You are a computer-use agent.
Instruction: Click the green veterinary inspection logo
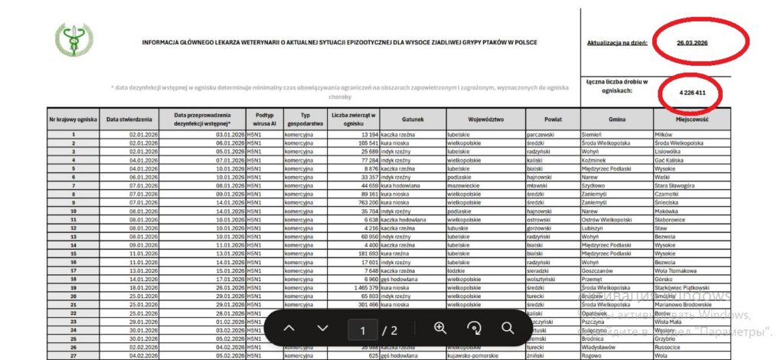click(74, 40)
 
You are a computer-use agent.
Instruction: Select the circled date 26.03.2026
click(692, 42)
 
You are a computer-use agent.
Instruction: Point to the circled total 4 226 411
click(691, 93)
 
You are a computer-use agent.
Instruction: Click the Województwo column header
click(485, 119)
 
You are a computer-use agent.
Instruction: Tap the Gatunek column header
click(412, 119)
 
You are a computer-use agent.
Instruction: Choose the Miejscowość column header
click(692, 119)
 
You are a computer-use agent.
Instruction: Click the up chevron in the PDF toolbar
click(289, 329)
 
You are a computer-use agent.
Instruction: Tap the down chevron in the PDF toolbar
click(322, 329)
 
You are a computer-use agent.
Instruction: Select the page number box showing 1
click(363, 330)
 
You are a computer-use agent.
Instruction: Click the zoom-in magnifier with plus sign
click(440, 328)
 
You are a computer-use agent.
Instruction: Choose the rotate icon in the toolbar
click(474, 329)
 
